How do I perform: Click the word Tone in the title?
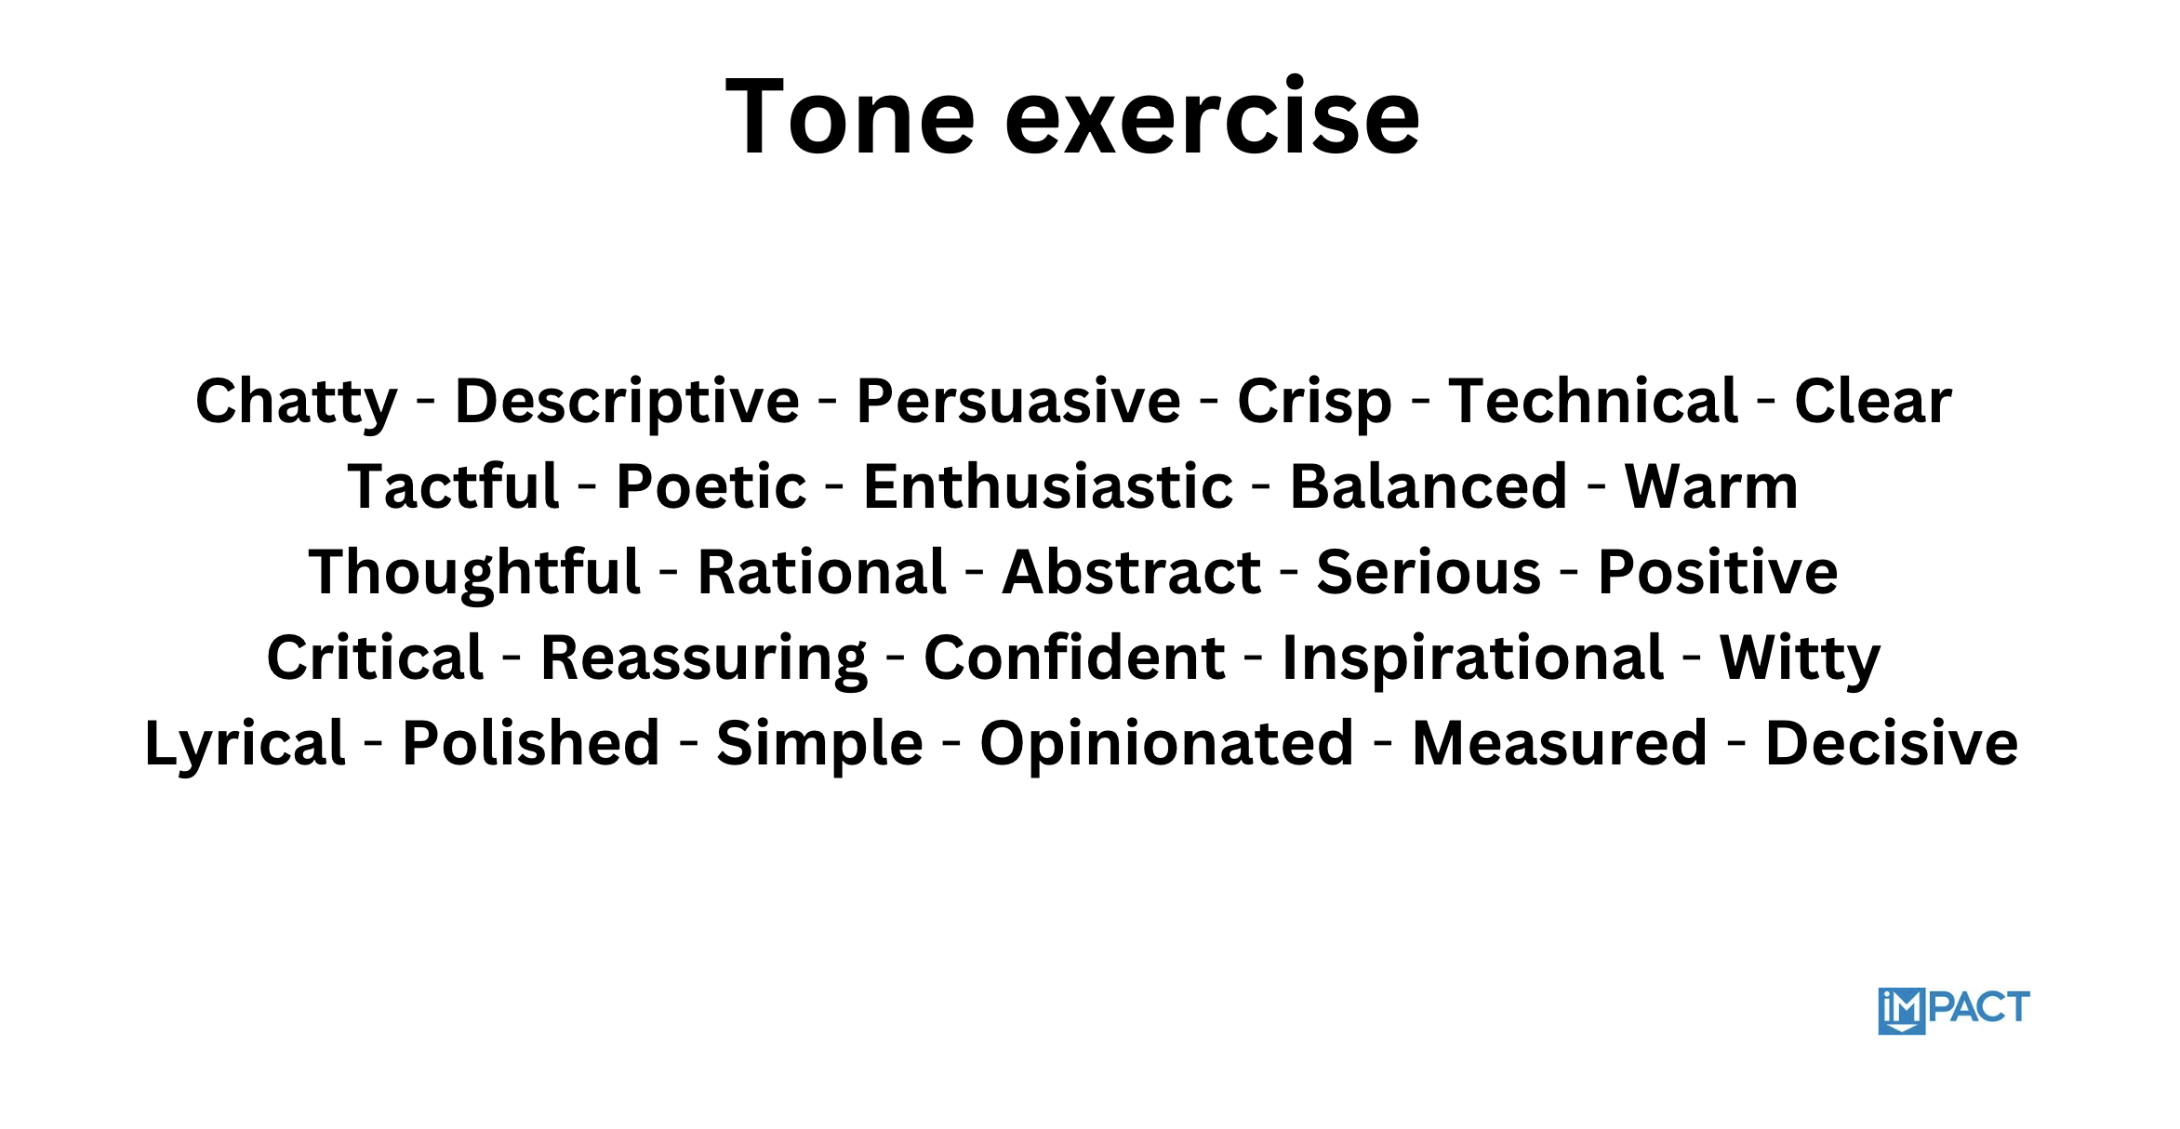click(850, 117)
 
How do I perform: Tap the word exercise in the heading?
click(1213, 117)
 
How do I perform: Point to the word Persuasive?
click(1018, 401)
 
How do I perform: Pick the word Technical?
click(1593, 401)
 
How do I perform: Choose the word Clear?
click(1873, 401)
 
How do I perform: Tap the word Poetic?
click(711, 486)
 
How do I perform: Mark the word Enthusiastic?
click(1048, 486)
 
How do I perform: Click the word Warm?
click(1711, 486)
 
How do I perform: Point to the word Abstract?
click(1132, 572)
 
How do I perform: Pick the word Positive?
click(1718, 572)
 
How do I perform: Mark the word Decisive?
click(1892, 743)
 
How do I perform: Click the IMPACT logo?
click(1954, 1011)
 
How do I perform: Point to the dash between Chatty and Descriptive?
click(426, 403)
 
